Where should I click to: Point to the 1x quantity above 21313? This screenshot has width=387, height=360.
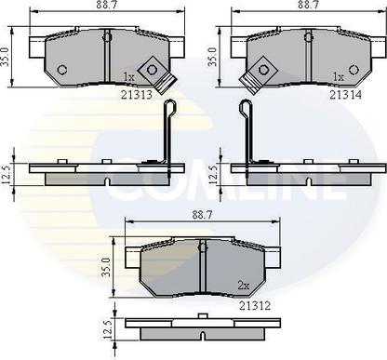129,76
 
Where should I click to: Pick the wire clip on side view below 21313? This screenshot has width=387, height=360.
167,130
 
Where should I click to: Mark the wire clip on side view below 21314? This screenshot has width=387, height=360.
246,130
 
